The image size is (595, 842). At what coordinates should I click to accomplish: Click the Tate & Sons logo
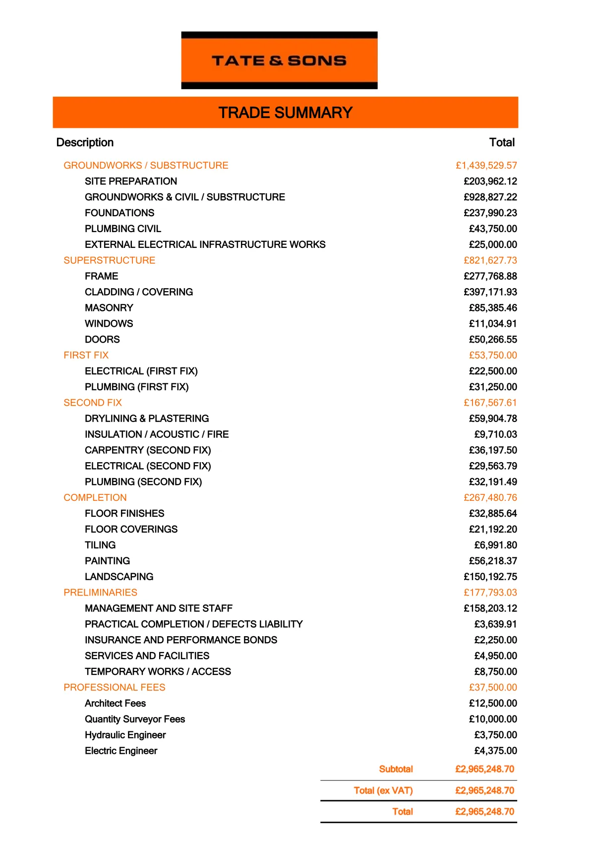(x=279, y=60)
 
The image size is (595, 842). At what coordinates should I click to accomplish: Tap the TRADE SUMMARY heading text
(x=285, y=113)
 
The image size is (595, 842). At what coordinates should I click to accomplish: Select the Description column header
(x=85, y=142)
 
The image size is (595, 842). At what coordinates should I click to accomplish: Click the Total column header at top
(x=502, y=142)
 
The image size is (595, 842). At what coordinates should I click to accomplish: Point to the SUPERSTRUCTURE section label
(x=109, y=260)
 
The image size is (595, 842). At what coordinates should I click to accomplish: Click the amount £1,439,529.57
(x=486, y=165)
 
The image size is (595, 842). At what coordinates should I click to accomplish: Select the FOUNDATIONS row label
(x=119, y=213)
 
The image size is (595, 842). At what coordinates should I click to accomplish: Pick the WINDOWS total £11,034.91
(x=493, y=324)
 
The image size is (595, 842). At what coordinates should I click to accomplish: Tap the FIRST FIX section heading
(x=86, y=355)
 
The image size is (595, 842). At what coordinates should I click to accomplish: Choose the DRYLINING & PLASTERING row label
(x=147, y=419)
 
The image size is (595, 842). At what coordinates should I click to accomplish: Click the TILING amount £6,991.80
(x=495, y=545)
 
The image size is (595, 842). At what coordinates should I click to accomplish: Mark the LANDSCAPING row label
(x=119, y=577)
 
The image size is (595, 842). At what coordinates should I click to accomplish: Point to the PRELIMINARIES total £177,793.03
(x=490, y=593)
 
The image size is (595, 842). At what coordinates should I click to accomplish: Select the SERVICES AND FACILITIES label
(x=147, y=656)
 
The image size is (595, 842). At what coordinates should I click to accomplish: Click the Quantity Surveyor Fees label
(x=135, y=719)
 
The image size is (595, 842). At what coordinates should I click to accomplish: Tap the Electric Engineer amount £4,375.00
(x=495, y=751)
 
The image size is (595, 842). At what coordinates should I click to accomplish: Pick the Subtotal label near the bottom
(x=396, y=769)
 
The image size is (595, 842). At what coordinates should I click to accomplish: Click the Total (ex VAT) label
(x=383, y=790)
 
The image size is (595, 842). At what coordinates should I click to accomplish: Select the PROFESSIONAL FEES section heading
(x=114, y=687)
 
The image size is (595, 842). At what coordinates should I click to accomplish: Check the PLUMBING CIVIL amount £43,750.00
(x=493, y=229)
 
